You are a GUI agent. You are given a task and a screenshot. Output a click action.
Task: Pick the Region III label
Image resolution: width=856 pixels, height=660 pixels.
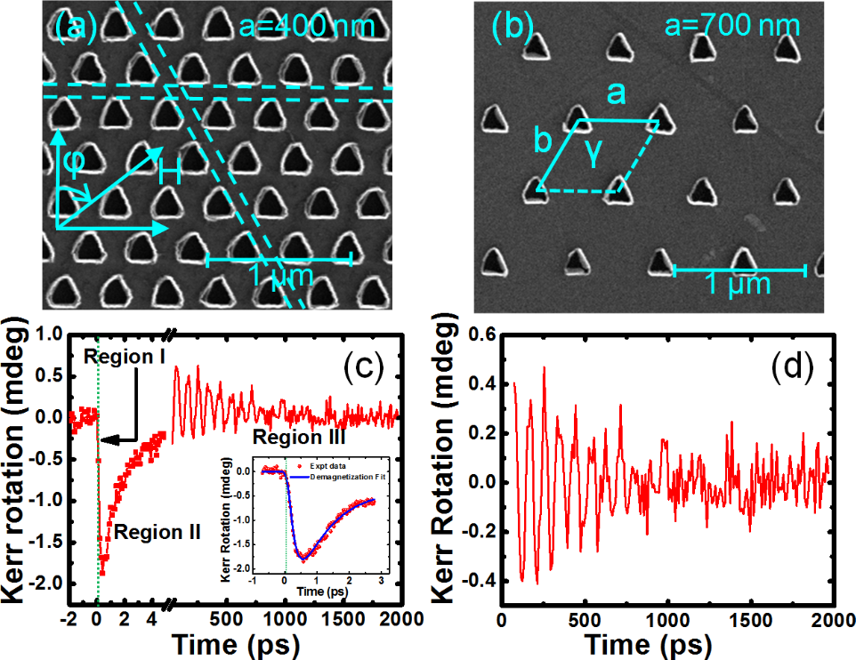(x=298, y=437)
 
